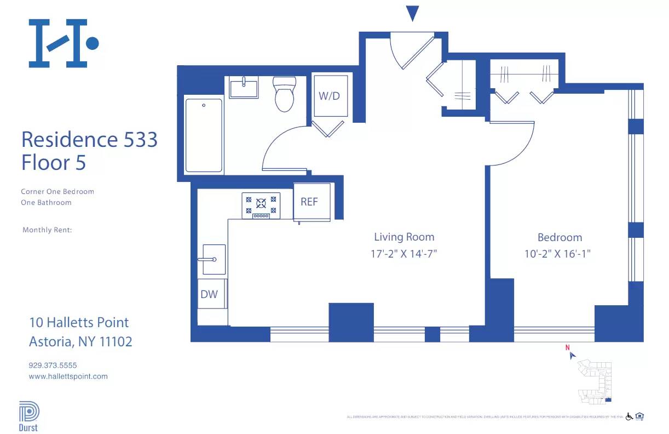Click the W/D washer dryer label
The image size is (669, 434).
(x=330, y=96)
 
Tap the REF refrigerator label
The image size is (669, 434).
(x=309, y=202)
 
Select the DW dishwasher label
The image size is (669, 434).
(x=209, y=294)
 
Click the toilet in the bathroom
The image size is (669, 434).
(x=284, y=94)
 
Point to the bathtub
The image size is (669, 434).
(x=204, y=135)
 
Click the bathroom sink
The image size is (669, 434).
(x=244, y=88)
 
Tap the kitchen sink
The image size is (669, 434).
(x=214, y=259)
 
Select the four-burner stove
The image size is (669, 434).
(x=261, y=205)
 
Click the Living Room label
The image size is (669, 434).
(x=404, y=237)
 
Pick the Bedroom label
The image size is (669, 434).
(x=560, y=237)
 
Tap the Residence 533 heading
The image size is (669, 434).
(x=89, y=140)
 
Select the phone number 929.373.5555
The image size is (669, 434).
(x=53, y=365)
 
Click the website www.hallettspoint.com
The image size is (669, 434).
(x=68, y=376)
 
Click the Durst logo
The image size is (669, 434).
(x=28, y=416)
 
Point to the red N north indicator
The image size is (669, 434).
(x=568, y=347)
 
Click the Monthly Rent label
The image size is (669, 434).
(x=47, y=230)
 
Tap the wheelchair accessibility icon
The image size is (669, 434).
(x=629, y=417)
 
